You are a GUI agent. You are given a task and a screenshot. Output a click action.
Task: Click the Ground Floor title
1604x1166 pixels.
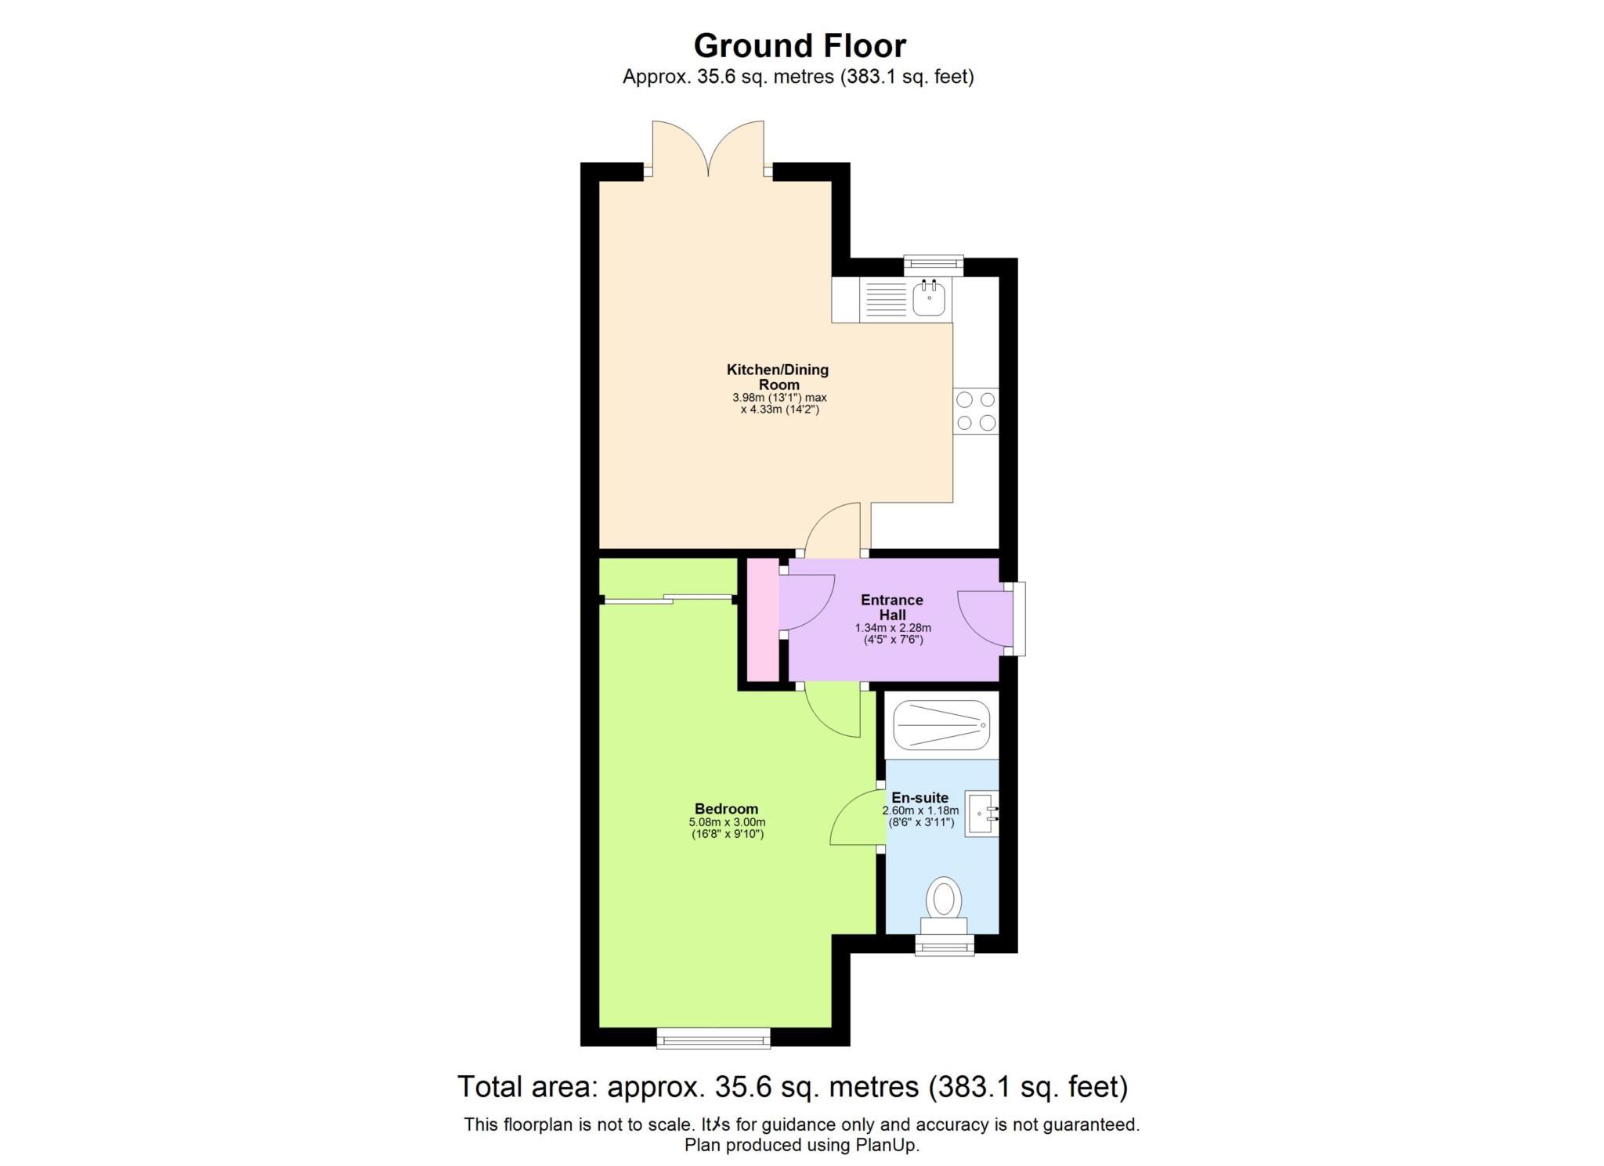click(x=800, y=45)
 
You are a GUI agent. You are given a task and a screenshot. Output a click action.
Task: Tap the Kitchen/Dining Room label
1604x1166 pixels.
click(x=778, y=377)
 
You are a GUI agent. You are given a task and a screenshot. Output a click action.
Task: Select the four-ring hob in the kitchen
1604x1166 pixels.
click(x=976, y=411)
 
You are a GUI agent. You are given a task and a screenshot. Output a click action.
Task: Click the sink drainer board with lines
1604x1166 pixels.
click(x=886, y=299)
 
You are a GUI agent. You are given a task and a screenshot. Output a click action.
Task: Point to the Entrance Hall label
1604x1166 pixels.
click(x=891, y=607)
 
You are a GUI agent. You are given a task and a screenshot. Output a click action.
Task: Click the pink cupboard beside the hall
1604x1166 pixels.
click(x=762, y=619)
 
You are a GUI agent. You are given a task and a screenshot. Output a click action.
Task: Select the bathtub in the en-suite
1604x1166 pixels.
click(x=941, y=725)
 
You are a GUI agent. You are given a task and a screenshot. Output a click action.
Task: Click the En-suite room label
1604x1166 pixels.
click(x=919, y=797)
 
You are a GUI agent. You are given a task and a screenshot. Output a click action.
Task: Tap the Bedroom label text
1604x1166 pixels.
click(x=726, y=809)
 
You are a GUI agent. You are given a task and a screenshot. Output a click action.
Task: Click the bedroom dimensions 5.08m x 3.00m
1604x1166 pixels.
click(x=726, y=822)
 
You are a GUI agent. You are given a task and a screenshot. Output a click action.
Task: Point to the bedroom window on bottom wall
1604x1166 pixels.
click(x=713, y=1038)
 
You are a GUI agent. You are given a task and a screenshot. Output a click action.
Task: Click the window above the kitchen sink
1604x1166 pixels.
click(x=933, y=265)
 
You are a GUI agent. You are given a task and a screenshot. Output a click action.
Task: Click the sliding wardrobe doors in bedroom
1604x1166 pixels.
click(x=670, y=599)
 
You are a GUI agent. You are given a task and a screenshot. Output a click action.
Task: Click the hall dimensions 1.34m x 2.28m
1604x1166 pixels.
click(x=893, y=627)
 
